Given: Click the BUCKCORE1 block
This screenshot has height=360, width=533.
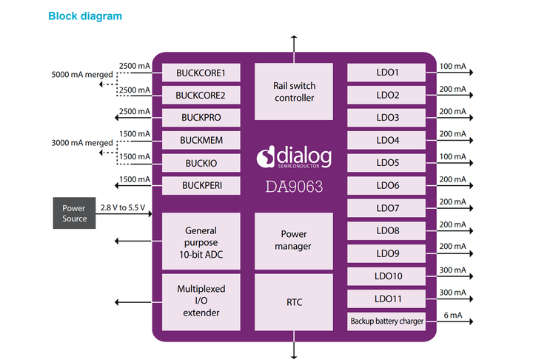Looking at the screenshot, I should [201, 73].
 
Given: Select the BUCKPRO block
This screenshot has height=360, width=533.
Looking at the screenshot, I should [201, 118].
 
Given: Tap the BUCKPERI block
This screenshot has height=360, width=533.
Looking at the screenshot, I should [201, 185].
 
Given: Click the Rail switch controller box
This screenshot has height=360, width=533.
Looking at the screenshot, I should [294, 91].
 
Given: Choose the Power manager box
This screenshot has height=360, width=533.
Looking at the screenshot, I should [294, 241].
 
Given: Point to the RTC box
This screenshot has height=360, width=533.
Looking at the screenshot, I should [294, 302].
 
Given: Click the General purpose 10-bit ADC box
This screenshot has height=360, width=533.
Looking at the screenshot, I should [201, 241].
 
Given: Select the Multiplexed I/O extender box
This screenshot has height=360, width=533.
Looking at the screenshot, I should [201, 301].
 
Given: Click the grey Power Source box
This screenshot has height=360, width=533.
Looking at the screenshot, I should [74, 213].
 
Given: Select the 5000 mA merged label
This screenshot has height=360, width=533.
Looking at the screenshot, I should [82, 75].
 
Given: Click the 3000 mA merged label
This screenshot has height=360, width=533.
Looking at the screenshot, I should [82, 143].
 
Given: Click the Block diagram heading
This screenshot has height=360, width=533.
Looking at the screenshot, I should [85, 16].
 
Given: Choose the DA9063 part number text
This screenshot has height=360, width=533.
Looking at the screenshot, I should [294, 187].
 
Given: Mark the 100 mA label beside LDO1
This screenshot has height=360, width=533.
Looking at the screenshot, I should [452, 67].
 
